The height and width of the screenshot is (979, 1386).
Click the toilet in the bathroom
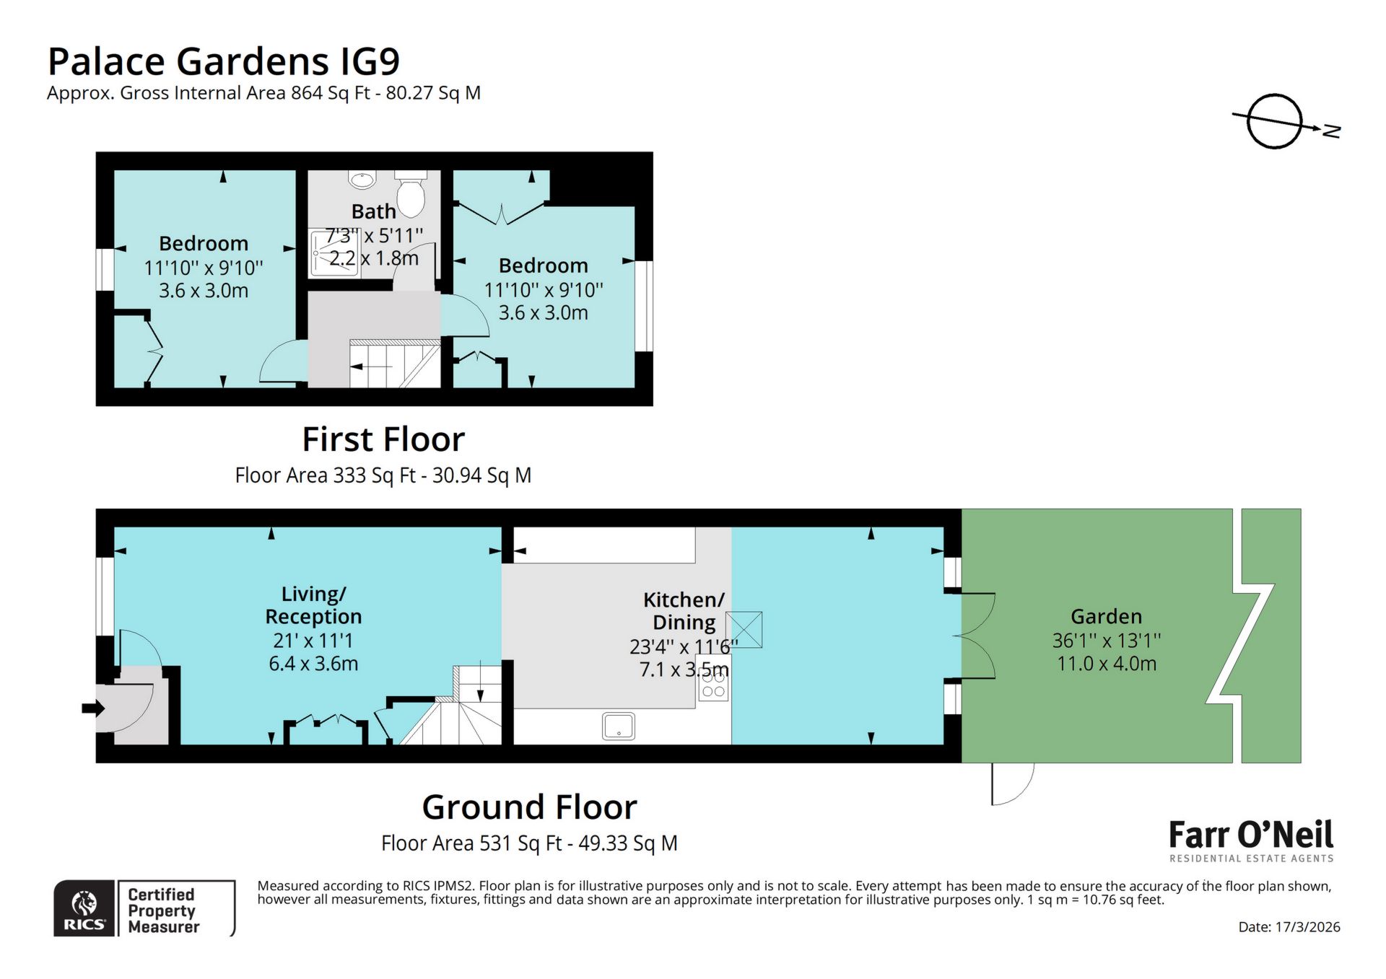tap(410, 193)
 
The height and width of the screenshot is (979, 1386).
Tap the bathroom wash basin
tap(362, 178)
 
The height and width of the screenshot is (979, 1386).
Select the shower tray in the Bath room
tap(334, 253)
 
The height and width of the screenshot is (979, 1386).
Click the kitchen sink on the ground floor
tap(619, 726)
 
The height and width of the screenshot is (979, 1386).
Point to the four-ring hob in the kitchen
tap(713, 683)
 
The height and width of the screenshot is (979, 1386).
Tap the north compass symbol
tap(1276, 121)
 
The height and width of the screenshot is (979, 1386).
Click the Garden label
tap(1106, 616)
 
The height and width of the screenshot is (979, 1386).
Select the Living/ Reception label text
tap(313, 605)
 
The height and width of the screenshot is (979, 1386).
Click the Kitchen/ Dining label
tap(683, 610)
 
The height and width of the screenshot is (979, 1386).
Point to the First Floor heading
tap(383, 439)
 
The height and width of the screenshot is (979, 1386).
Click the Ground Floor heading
tap(529, 807)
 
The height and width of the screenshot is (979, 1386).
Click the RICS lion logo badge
tap(84, 908)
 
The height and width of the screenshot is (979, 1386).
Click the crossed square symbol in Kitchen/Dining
tap(744, 629)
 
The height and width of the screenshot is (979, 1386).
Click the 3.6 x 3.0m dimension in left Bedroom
tap(204, 291)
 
